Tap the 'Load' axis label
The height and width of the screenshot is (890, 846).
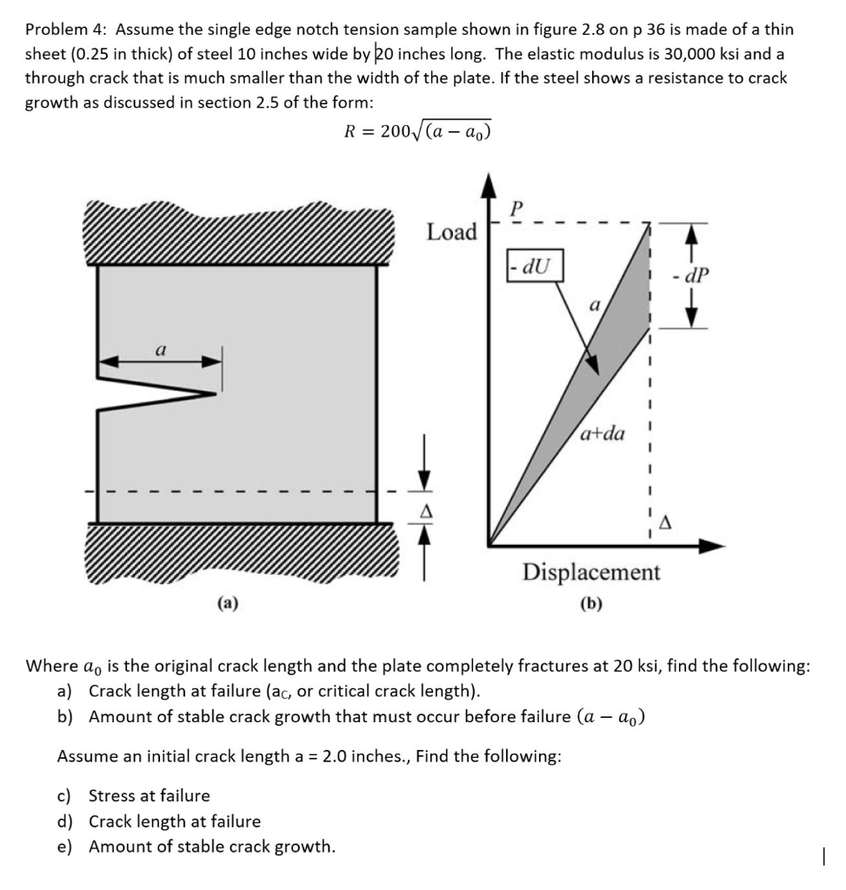click(451, 232)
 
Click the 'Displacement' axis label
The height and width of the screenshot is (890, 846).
click(591, 573)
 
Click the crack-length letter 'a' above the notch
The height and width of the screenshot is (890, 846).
click(160, 349)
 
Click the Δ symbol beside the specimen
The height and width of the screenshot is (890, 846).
click(426, 512)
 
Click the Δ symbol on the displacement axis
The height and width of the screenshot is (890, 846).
click(666, 521)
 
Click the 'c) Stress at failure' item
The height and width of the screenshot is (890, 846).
click(134, 795)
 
